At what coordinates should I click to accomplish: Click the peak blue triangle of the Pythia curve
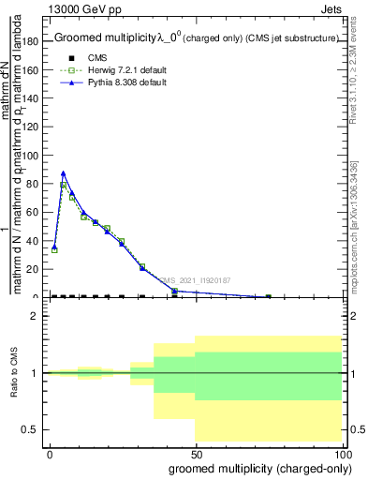coord(63,173)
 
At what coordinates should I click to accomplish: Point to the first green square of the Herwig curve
coord(54,249)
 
